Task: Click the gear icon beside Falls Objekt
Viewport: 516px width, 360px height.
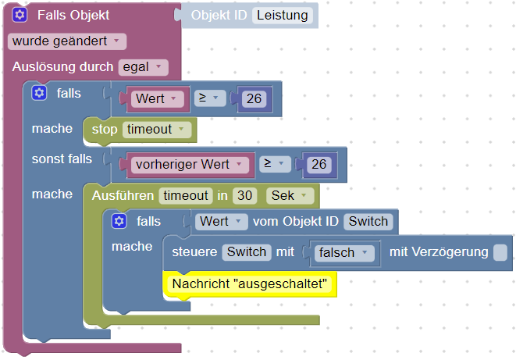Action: [20, 16]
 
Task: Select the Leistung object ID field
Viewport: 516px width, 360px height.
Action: [282, 15]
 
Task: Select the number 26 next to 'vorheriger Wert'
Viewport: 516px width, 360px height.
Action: [318, 165]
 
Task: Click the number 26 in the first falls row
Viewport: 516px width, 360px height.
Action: [253, 99]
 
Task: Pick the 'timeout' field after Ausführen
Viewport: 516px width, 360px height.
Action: [186, 195]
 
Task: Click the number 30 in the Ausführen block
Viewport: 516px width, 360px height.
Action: [244, 195]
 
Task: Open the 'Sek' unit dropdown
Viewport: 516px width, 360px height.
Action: [290, 195]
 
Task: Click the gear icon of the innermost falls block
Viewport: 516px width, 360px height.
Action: [119, 222]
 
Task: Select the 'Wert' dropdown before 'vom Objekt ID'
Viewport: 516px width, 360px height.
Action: [222, 222]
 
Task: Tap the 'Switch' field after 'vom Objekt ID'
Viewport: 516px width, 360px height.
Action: [368, 222]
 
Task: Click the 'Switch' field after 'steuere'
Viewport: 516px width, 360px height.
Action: [247, 252]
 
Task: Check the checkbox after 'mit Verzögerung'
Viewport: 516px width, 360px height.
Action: [500, 252]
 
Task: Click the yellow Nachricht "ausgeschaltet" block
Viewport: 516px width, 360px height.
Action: [249, 283]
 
